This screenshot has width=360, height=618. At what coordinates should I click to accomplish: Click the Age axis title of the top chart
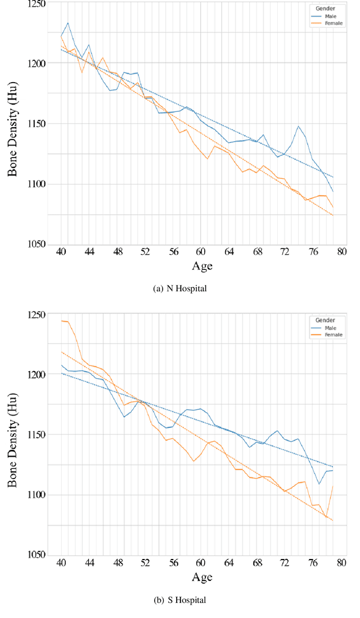(202, 266)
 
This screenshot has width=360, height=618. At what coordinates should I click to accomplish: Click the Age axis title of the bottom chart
(202, 577)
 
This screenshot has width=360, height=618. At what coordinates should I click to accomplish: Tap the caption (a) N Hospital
(179, 288)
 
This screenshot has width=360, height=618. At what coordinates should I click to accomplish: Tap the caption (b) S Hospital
(179, 600)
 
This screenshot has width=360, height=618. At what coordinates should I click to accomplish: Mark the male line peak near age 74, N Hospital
(299, 126)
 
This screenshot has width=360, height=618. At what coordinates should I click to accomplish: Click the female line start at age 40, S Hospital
(61, 321)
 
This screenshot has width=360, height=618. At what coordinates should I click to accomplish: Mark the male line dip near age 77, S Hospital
(319, 484)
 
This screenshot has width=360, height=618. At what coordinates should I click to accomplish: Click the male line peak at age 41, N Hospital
(68, 23)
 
